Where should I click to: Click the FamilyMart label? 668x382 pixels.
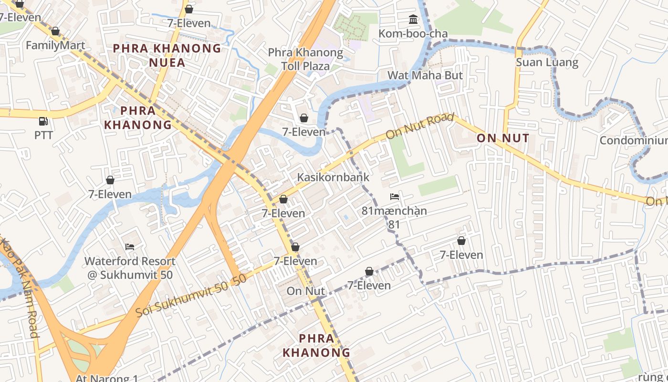pyautogui.click(x=55, y=45)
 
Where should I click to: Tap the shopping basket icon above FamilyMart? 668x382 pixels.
pyautogui.click(x=55, y=32)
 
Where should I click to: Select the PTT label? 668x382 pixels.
pyautogui.click(x=43, y=135)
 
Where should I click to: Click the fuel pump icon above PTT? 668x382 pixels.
pyautogui.click(x=43, y=121)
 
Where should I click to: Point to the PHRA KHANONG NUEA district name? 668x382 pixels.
pyautogui.click(x=167, y=55)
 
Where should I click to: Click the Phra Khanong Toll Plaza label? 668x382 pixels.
pyautogui.click(x=305, y=59)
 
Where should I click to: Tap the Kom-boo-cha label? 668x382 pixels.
pyautogui.click(x=413, y=33)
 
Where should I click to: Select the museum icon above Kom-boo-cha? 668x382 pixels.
pyautogui.click(x=413, y=20)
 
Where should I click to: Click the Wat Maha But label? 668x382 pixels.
pyautogui.click(x=425, y=75)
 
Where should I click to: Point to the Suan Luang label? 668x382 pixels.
pyautogui.click(x=547, y=63)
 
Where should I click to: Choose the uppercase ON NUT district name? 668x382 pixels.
pyautogui.click(x=503, y=138)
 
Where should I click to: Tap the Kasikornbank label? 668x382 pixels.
pyautogui.click(x=333, y=177)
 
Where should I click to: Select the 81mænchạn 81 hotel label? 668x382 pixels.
pyautogui.click(x=394, y=217)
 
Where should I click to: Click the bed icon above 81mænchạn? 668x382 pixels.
pyautogui.click(x=394, y=197)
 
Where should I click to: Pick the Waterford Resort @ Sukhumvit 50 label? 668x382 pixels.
pyautogui.click(x=130, y=268)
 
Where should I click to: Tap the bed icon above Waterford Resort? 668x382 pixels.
pyautogui.click(x=130, y=247)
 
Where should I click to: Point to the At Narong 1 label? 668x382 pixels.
pyautogui.click(x=107, y=378)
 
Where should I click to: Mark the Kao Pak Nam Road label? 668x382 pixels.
pyautogui.click(x=20, y=286)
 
